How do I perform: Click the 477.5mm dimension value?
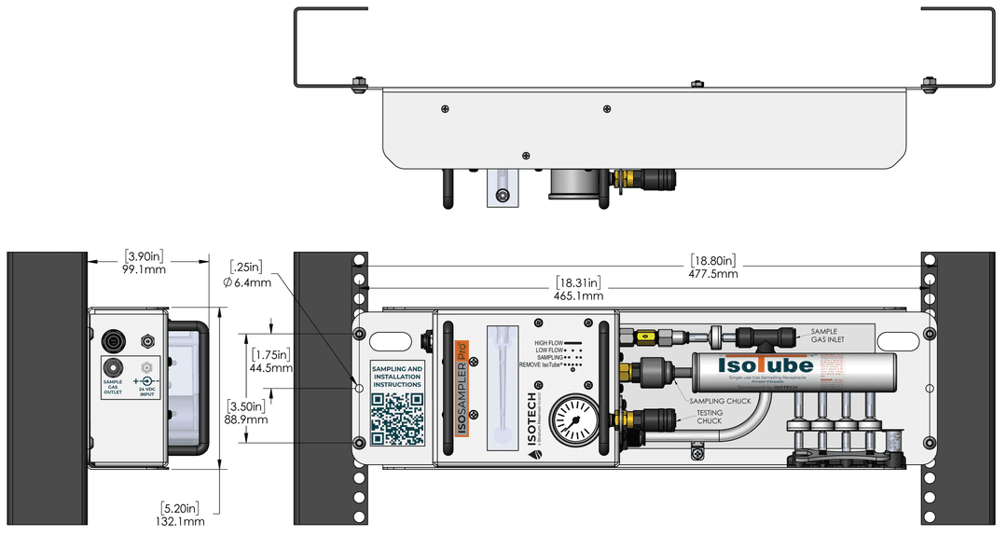713,274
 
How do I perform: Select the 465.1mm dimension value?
578,295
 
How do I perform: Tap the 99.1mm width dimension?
145,269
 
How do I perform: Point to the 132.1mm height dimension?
181,521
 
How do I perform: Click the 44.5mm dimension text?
271,367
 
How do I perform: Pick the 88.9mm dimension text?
246,419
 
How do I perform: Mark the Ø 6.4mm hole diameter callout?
248,282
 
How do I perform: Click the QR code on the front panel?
396,418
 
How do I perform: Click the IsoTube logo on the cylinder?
765,365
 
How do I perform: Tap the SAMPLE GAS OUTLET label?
113,387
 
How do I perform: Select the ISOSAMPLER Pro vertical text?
461,392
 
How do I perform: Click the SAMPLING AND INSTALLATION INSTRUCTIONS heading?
396,377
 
